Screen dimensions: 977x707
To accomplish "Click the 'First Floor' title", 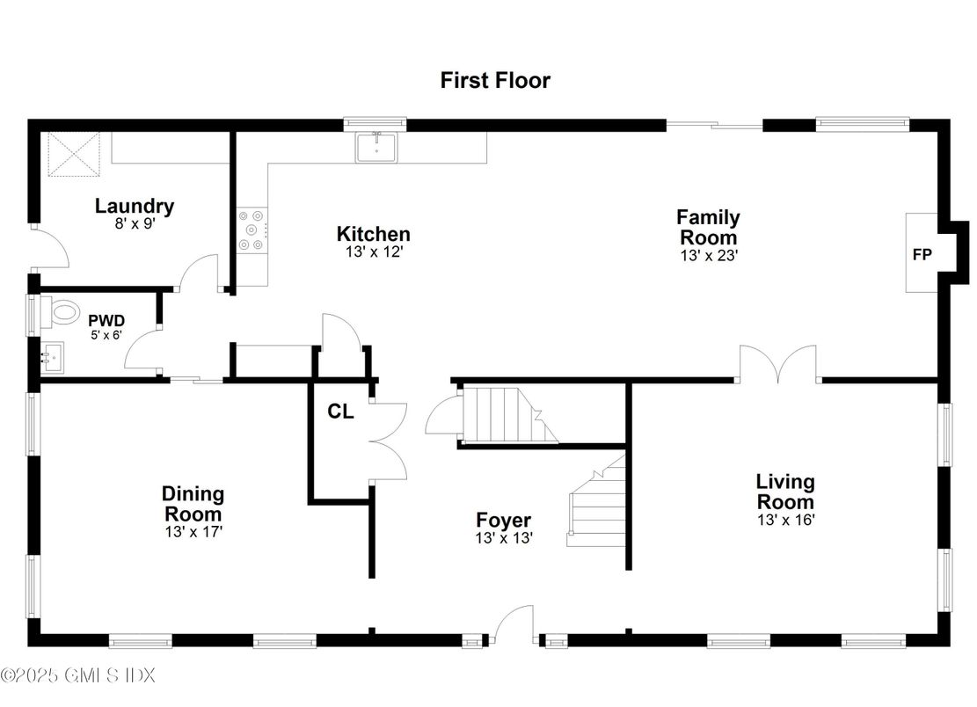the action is point(495,80).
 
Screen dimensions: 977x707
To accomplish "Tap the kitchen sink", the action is point(376,147).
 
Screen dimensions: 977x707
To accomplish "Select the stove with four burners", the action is point(252,230).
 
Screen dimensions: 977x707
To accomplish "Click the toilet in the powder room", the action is point(61,312).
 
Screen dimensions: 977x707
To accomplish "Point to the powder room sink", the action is point(52,358).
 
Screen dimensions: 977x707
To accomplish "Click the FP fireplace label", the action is point(922,254).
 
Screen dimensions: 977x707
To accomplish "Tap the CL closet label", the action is point(341,412).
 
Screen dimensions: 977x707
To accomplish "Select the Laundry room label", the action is point(135,206).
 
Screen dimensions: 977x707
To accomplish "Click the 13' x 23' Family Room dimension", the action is point(709,255).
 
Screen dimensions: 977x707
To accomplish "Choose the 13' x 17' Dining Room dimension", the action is point(193,532).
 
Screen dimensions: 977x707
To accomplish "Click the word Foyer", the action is point(504,520).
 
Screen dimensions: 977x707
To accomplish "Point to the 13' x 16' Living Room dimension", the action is point(786,520).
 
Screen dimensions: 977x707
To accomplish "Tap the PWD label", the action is point(106,321).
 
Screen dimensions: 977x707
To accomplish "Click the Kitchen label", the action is point(373,234).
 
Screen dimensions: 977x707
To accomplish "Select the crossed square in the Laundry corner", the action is point(74,154).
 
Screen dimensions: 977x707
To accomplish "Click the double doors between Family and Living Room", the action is point(778,364).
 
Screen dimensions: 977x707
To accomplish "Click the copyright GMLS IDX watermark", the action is point(78,675).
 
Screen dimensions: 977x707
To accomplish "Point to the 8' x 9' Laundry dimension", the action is point(135,223).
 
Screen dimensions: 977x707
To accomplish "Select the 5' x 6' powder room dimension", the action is point(106,335).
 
